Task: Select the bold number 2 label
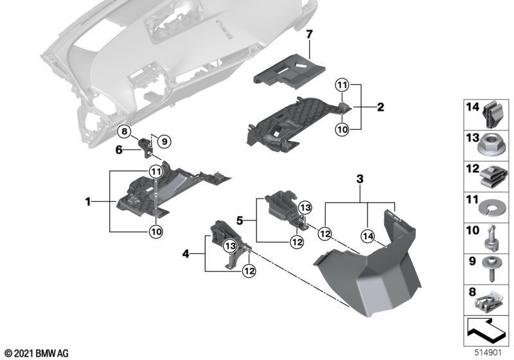[x=380, y=107]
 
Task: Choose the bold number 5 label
[x=118, y=150]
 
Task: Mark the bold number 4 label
[x=186, y=254]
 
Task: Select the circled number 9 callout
[x=163, y=141]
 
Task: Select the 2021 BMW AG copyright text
[x=35, y=354]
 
